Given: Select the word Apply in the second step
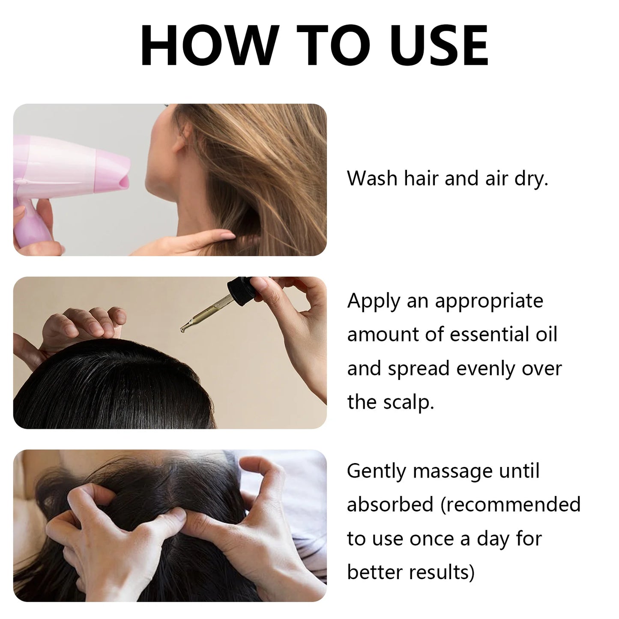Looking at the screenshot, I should click(373, 302).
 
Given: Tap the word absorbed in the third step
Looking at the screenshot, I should click(390, 505).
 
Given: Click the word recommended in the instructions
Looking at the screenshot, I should click(514, 505).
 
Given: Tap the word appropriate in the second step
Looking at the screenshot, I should click(489, 302).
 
